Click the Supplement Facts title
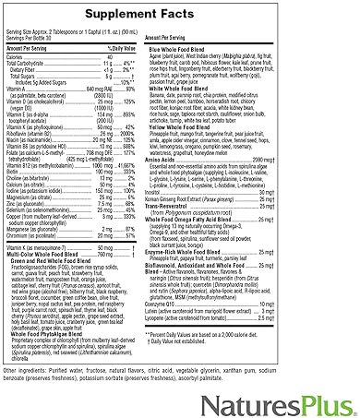coord(180,15)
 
